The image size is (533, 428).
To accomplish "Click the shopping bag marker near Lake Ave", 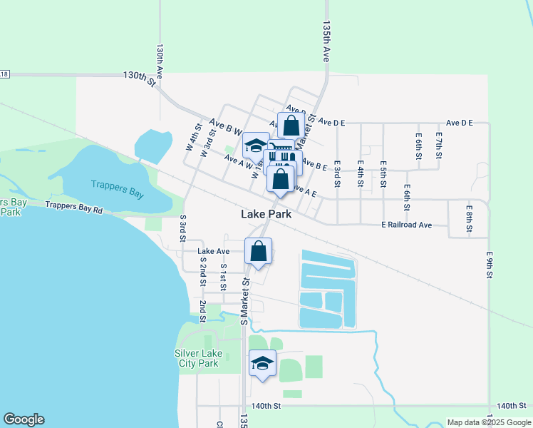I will tap(258, 251).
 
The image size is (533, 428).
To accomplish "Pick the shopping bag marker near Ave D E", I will tap(291, 126).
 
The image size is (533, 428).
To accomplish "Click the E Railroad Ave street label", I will tap(405, 225).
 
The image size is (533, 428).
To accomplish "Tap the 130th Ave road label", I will tap(160, 61).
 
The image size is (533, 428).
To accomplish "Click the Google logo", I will tap(24, 419).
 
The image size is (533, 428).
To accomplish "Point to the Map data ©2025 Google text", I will tap(489, 422).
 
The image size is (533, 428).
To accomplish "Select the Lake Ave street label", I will tap(213, 251).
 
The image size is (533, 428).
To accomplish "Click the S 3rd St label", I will tap(183, 226).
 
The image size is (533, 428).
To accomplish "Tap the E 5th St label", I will tap(383, 173).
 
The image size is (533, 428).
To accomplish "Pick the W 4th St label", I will tap(193, 137).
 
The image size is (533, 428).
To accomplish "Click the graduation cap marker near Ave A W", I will tap(255, 146).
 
